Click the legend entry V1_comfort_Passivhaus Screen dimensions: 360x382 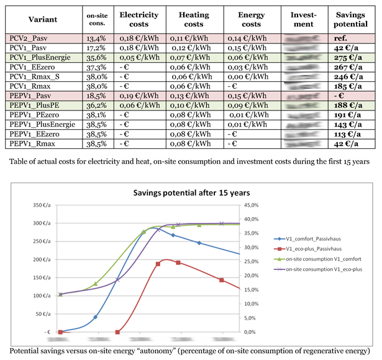(x=317, y=238)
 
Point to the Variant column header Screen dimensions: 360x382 (x=42, y=19)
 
